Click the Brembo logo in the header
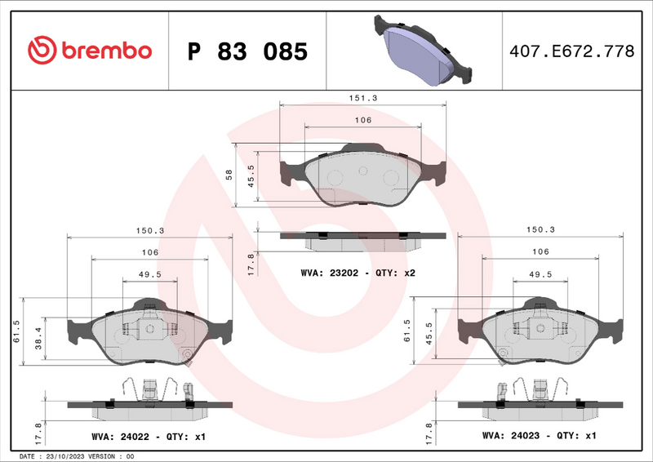[90, 51]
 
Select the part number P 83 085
[247, 51]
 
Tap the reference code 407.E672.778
[571, 51]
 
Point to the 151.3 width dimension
[363, 97]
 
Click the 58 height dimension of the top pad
[230, 175]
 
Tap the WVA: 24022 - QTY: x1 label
[148, 437]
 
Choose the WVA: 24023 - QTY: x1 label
[540, 437]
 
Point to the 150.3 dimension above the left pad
[150, 230]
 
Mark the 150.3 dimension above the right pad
[540, 230]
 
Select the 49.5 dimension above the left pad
[149, 274]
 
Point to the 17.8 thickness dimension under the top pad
[251, 263]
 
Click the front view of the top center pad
[362, 175]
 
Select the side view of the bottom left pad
[150, 398]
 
